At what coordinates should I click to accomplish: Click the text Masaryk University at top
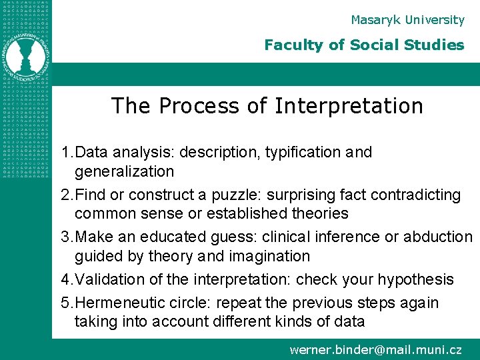(407, 20)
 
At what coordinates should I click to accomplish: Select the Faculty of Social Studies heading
(364, 45)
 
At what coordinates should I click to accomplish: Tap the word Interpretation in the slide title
(349, 106)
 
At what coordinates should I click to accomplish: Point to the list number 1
(65, 153)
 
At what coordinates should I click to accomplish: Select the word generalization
(124, 172)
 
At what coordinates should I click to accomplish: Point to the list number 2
(65, 195)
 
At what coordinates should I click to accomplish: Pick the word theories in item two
(316, 214)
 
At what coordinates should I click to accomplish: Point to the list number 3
(65, 237)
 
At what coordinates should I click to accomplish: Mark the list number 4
(65, 280)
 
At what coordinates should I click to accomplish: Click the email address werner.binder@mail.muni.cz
(375, 349)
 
